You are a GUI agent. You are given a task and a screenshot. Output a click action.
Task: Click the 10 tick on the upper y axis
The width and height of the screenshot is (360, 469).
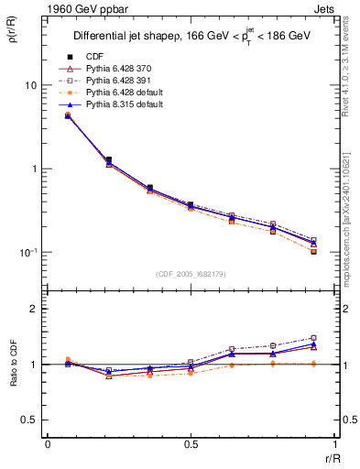[x=29, y=85]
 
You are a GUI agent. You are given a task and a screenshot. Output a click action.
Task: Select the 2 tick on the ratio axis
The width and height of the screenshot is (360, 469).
[x=34, y=309]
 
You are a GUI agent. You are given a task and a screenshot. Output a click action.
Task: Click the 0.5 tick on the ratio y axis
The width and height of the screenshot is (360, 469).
[x=29, y=420]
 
